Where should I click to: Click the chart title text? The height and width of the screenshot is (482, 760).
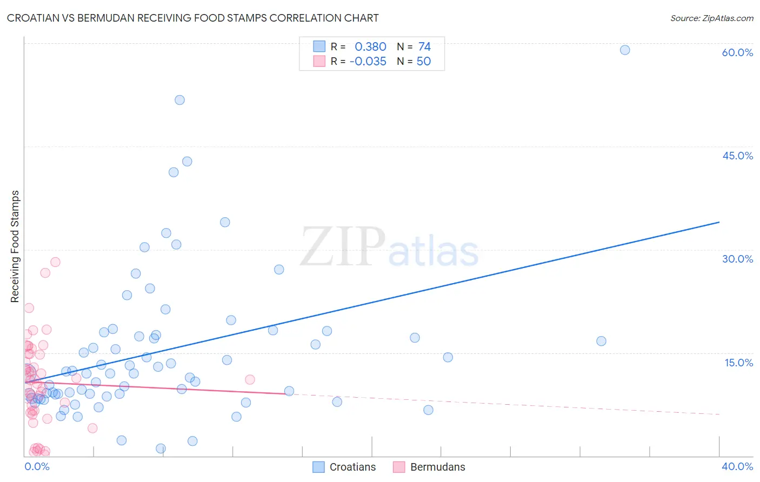pos(192,18)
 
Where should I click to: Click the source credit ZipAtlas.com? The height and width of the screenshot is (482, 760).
pos(711,18)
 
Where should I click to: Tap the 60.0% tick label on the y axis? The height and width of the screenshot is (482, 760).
pos(737,52)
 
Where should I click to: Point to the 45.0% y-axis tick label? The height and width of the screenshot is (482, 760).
pos(737,156)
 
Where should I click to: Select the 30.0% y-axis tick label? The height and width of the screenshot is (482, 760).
pos(737,259)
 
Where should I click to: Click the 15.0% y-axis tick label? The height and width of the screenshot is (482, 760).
pos(738,363)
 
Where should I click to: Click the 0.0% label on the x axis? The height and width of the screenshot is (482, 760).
pos(37,466)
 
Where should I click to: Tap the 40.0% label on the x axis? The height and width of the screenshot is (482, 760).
pos(737,466)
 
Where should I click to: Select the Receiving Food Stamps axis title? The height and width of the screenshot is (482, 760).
pos(15,246)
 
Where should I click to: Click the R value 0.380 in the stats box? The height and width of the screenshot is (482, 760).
pos(370,47)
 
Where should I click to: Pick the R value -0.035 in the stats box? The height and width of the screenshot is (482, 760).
pos(368,62)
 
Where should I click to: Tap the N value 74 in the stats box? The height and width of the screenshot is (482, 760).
pos(424,47)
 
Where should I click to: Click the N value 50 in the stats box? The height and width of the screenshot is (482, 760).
pos(424,62)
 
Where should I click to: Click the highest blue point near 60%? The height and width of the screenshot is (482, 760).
pos(625,50)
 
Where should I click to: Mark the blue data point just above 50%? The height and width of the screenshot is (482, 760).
pos(179,100)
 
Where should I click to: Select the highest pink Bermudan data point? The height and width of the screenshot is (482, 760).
pos(55,262)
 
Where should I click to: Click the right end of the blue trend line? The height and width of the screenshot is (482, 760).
pos(719,222)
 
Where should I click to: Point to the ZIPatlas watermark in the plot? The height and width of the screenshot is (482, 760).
pos(389,247)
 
